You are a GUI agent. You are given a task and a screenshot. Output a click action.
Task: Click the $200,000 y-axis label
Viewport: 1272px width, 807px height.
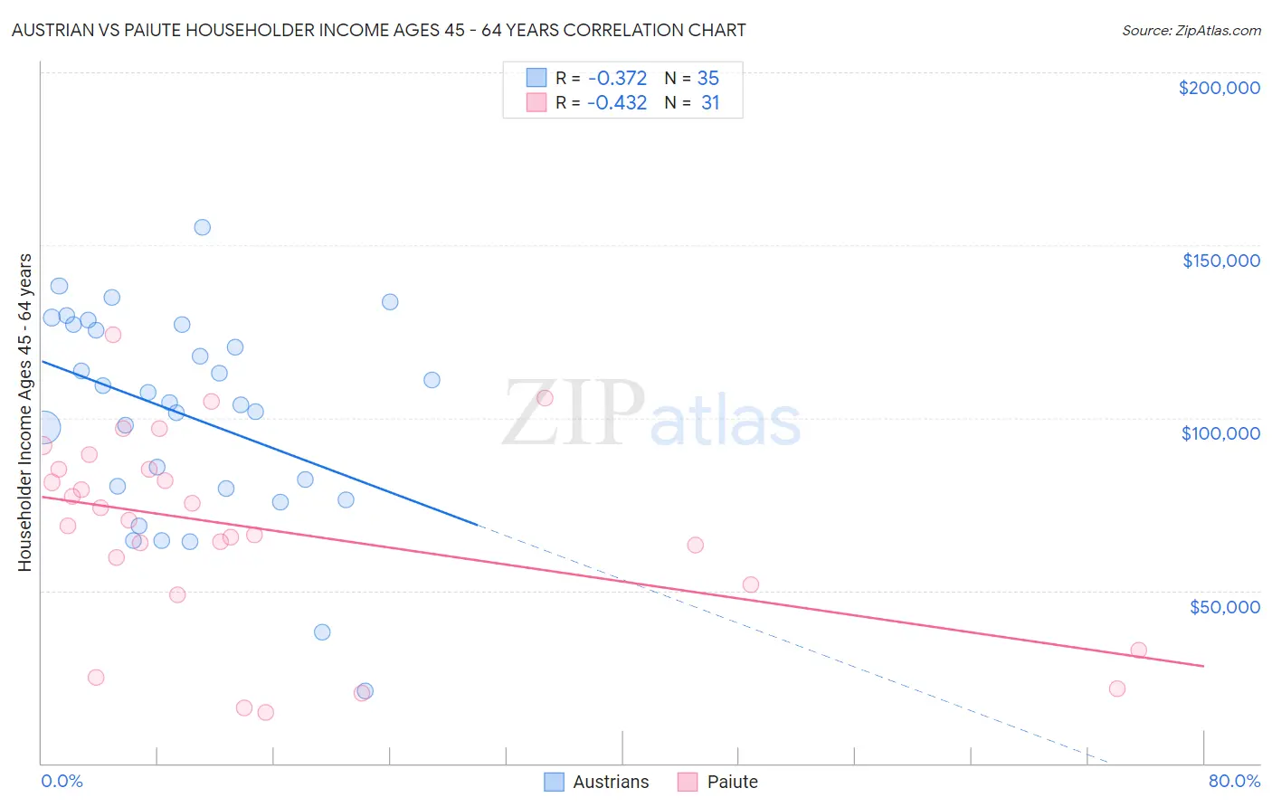coord(1219,88)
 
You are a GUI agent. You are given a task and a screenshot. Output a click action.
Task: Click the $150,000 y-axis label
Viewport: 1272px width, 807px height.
coord(1220,261)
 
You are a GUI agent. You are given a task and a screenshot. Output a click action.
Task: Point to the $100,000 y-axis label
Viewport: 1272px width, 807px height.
coord(1220,433)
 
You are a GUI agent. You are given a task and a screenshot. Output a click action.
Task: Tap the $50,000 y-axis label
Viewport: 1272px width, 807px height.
coord(1224,606)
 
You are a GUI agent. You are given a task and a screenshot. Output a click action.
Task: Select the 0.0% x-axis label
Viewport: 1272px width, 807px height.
coord(62,781)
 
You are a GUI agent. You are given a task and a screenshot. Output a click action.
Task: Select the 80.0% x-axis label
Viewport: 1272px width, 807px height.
coord(1234,781)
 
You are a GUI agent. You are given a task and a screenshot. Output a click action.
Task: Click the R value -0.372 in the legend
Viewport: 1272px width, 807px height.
coord(617,79)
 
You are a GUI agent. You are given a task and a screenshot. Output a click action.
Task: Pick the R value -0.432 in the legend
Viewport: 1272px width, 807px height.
coord(617,103)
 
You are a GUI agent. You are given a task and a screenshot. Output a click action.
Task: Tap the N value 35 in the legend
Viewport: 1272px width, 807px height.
coord(708,79)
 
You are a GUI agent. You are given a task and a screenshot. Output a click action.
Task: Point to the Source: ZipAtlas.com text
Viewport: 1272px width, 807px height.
coord(1191,30)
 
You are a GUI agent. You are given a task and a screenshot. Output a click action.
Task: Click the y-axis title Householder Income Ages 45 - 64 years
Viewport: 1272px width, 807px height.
coord(25,413)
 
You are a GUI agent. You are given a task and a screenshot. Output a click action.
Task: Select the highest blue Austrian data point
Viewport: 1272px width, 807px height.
coord(203,227)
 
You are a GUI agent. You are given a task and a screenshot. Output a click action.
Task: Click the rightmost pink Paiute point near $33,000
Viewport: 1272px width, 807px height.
coord(1139,650)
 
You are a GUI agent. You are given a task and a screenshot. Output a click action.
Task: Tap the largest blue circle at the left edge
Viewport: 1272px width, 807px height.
coord(44,427)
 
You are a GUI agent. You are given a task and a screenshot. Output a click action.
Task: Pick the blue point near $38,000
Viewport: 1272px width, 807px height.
coord(322,632)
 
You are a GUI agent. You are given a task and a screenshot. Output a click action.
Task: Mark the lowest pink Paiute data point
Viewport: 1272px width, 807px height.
coord(265,713)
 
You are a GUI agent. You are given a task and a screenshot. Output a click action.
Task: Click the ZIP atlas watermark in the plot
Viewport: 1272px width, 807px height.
coord(651,413)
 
